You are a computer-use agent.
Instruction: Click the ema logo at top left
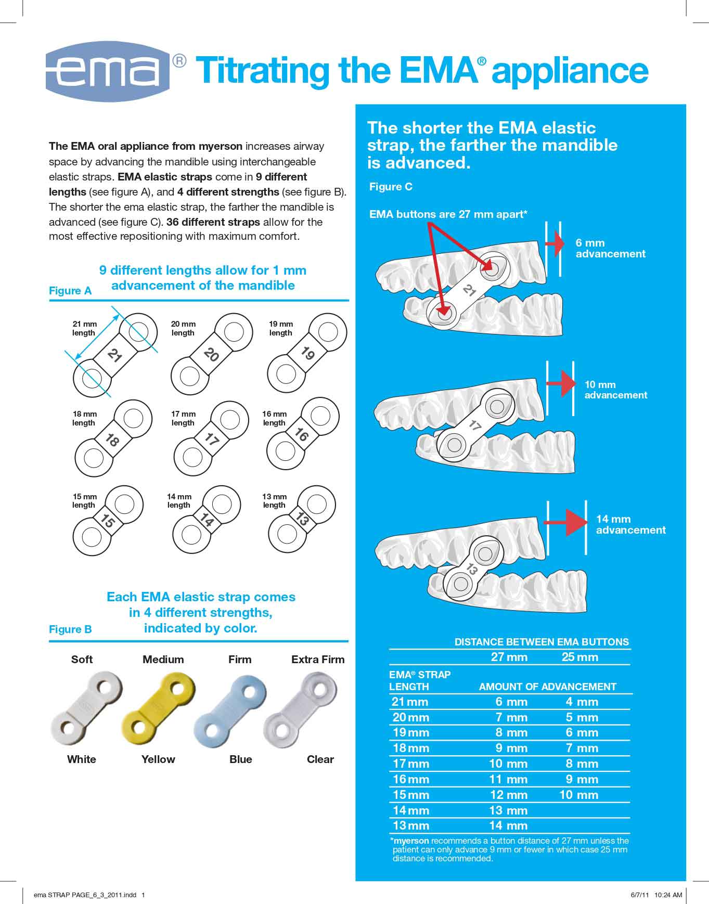pos(109,72)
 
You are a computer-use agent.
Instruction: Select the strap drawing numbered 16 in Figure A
pos(302,433)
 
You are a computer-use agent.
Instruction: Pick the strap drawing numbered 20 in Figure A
pos(211,354)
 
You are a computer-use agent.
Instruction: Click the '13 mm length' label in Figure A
pos(274,500)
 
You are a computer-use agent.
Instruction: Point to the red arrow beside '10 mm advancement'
pos(562,384)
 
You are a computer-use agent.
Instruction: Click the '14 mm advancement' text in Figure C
pos(630,524)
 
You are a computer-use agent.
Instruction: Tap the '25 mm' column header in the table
pos(579,657)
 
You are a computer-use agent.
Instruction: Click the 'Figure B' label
pos(70,629)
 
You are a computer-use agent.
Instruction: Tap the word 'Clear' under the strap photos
pos(320,759)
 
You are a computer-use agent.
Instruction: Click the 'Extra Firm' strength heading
pos(318,659)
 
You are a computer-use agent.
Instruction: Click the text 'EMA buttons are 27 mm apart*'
pos(448,214)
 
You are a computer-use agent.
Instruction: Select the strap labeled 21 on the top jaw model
pos(469,290)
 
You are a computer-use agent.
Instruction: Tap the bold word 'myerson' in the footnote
pos(411,841)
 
